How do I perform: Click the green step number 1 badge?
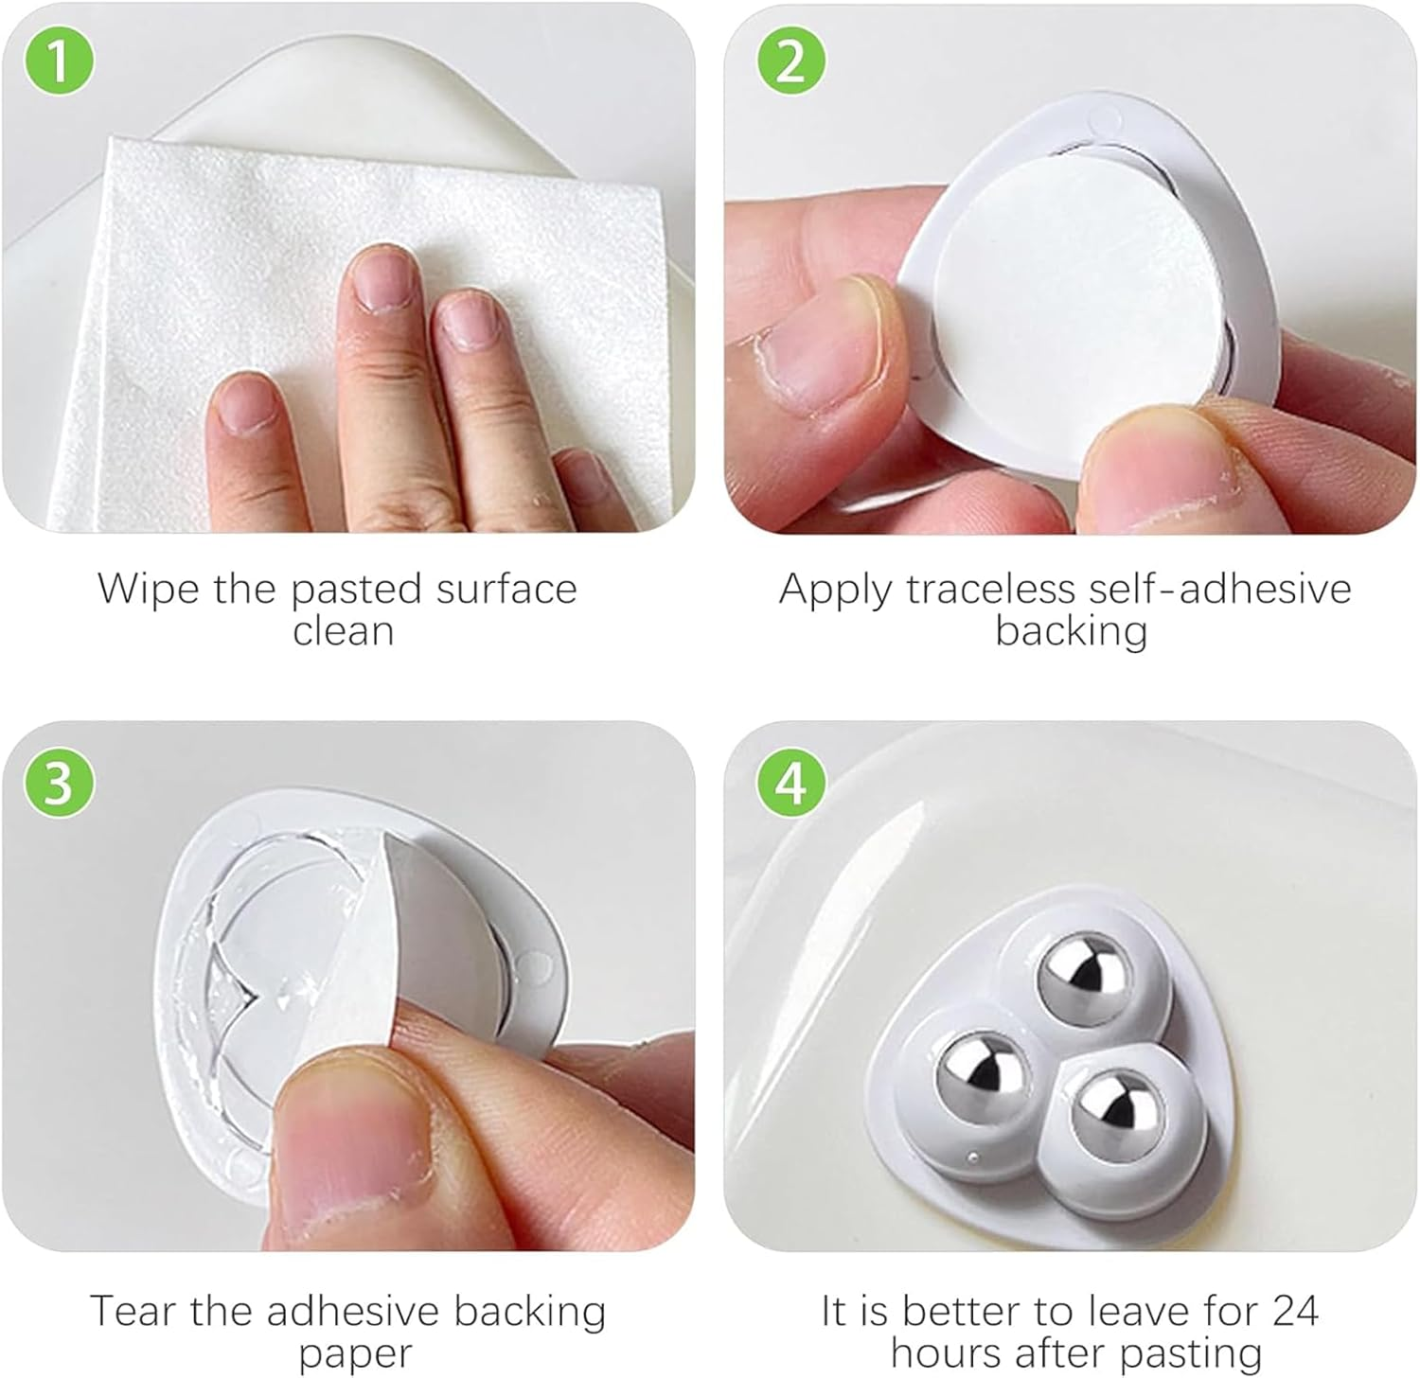[x=59, y=62]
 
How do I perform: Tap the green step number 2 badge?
[x=791, y=62]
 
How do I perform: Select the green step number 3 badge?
[x=59, y=784]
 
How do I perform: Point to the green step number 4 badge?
[x=791, y=784]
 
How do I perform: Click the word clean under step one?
[x=343, y=631]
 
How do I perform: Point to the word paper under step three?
[x=355, y=1353]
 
